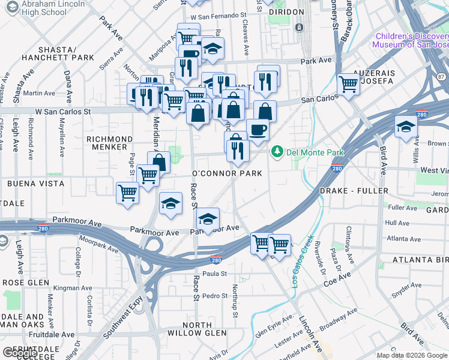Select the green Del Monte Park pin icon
277,152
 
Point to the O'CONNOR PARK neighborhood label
227,173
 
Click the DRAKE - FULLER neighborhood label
354,190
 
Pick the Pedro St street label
214,296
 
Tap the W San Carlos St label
62,112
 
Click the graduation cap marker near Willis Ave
406,127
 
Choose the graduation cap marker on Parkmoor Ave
208,219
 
